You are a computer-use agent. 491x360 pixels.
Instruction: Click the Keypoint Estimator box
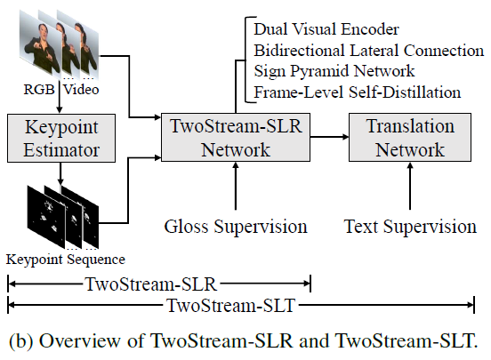(59, 138)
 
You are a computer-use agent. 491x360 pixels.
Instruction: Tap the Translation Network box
(409, 138)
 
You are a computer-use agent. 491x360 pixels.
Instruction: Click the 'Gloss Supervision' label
(236, 227)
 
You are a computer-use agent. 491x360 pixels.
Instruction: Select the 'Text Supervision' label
(410, 227)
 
